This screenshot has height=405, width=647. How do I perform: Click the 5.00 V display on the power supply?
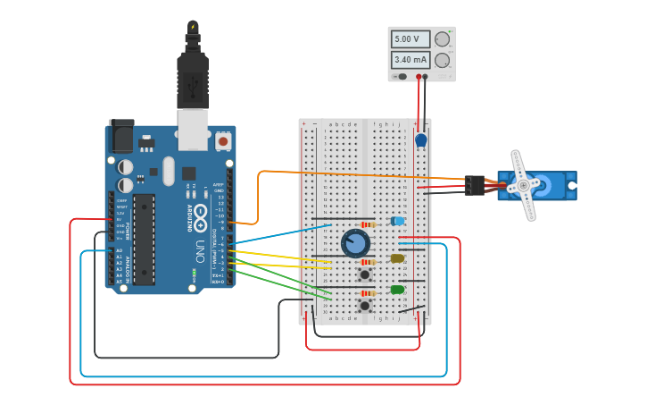click(x=410, y=39)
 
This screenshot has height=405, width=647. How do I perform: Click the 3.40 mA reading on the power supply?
click(x=410, y=60)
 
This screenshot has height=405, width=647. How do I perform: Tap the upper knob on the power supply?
click(x=442, y=39)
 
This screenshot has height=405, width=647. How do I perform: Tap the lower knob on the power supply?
click(x=442, y=61)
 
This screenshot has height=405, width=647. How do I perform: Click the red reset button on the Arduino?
click(x=223, y=141)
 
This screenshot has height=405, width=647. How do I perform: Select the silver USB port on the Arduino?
click(x=193, y=130)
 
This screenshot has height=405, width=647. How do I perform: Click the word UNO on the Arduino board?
click(x=201, y=246)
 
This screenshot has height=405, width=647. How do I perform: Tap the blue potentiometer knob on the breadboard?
click(x=355, y=243)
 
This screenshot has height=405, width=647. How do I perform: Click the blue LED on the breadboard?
click(x=398, y=221)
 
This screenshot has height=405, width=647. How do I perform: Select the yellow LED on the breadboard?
click(x=397, y=258)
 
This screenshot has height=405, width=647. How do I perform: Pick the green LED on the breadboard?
click(x=397, y=290)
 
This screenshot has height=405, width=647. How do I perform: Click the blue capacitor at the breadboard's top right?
click(x=421, y=140)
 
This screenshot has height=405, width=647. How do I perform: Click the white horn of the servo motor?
click(x=524, y=185)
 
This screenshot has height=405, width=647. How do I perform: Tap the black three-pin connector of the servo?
click(x=474, y=185)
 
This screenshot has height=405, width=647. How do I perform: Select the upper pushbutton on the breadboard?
click(x=364, y=274)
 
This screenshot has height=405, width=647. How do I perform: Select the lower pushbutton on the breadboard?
click(x=364, y=306)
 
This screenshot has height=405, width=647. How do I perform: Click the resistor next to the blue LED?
click(x=366, y=224)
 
